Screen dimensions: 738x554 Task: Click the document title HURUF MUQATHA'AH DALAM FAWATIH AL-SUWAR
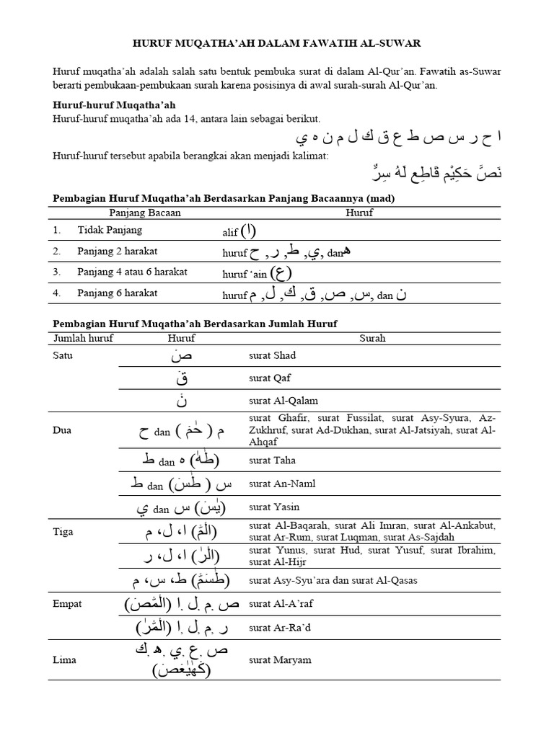(x=276, y=44)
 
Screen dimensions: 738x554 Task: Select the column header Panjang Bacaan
(x=145, y=213)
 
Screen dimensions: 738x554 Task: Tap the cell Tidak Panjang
(x=110, y=230)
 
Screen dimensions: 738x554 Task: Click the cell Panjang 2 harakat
(x=118, y=251)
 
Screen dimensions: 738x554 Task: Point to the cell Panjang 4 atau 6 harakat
(x=129, y=272)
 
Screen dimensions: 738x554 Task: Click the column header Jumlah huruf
(x=83, y=338)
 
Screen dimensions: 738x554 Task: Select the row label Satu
(x=63, y=355)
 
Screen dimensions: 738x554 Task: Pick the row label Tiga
(x=63, y=531)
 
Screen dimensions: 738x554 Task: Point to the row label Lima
(x=64, y=659)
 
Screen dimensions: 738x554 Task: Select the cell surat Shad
(x=271, y=355)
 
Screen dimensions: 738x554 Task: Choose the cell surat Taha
(x=271, y=460)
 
